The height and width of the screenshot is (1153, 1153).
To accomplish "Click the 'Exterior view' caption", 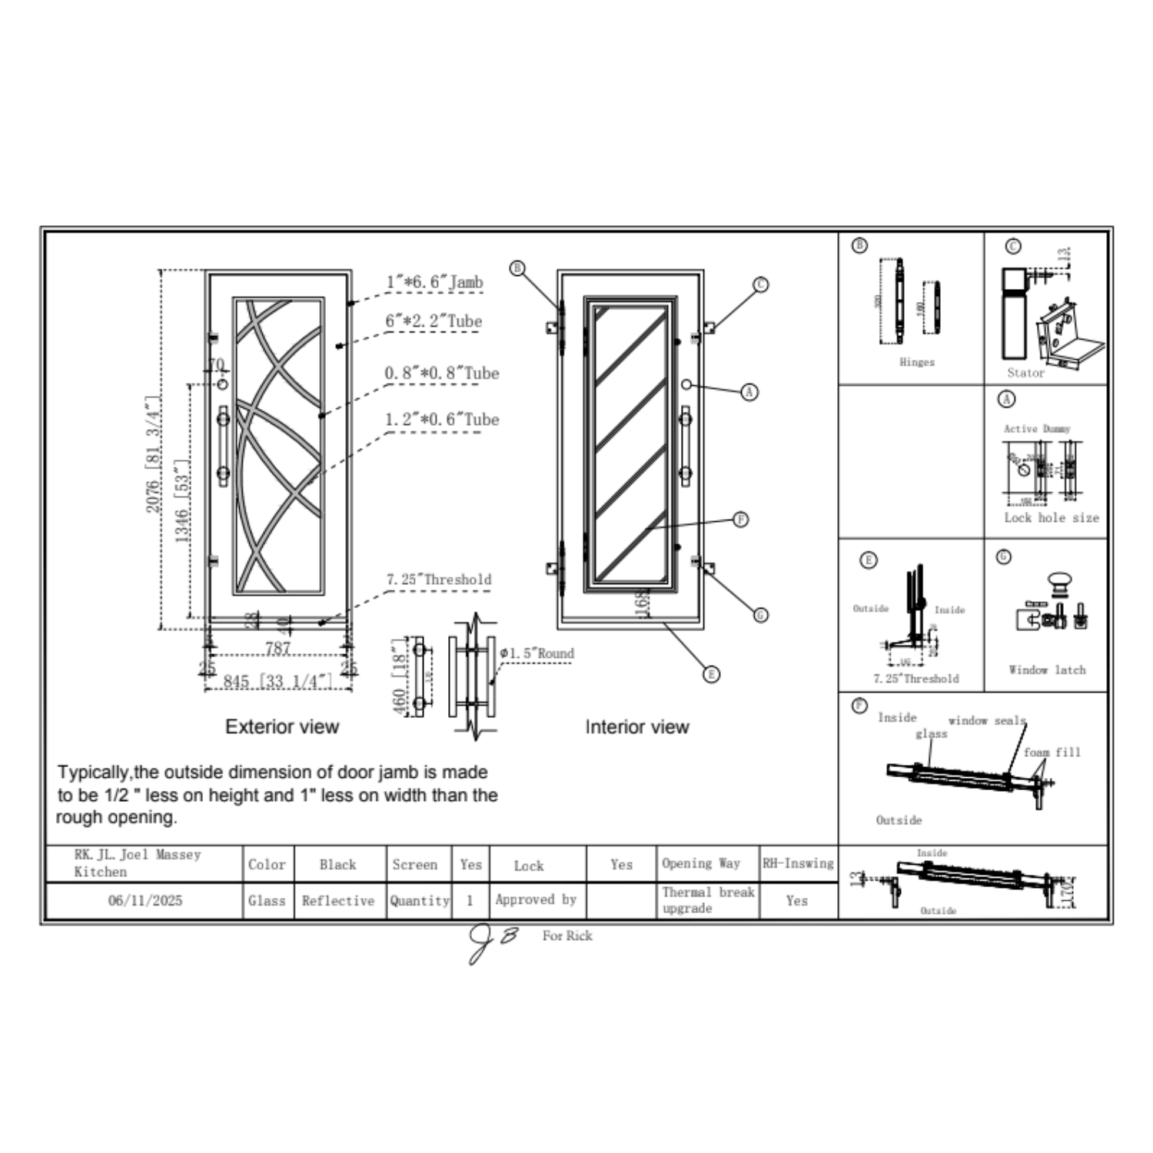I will tap(282, 726).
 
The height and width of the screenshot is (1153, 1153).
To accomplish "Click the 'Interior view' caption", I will tap(636, 726).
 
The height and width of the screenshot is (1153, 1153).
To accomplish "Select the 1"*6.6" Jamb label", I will tap(434, 282).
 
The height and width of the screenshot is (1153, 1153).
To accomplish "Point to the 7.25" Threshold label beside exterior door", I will tap(439, 580).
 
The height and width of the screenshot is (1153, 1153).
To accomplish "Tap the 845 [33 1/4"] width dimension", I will tap(277, 682).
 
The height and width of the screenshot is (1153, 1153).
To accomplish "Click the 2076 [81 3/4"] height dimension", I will tap(154, 454).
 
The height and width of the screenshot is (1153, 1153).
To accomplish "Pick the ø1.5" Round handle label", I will tap(537, 653).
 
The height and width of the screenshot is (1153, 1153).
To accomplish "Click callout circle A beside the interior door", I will tap(749, 392).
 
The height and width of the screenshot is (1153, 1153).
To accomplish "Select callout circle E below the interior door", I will tap(712, 674).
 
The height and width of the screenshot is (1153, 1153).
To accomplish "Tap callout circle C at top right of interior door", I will tap(760, 284).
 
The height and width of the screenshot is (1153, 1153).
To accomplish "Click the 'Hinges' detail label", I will tap(917, 362).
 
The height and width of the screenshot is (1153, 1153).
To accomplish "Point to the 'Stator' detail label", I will tap(1025, 373).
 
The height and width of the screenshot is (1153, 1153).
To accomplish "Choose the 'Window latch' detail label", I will tap(1047, 670).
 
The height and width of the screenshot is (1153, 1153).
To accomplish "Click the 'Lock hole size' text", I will tap(1051, 518).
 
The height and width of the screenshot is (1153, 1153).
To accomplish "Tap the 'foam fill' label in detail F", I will tap(1052, 752).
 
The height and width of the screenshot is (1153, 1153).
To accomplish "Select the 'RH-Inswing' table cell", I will tap(798, 863).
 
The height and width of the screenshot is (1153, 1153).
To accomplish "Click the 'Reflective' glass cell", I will tap(338, 900).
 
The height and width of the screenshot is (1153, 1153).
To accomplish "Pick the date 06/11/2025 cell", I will tap(145, 900).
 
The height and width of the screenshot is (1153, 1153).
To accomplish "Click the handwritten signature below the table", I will tap(492, 942).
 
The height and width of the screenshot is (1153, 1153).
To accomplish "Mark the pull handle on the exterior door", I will tap(223, 446).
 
